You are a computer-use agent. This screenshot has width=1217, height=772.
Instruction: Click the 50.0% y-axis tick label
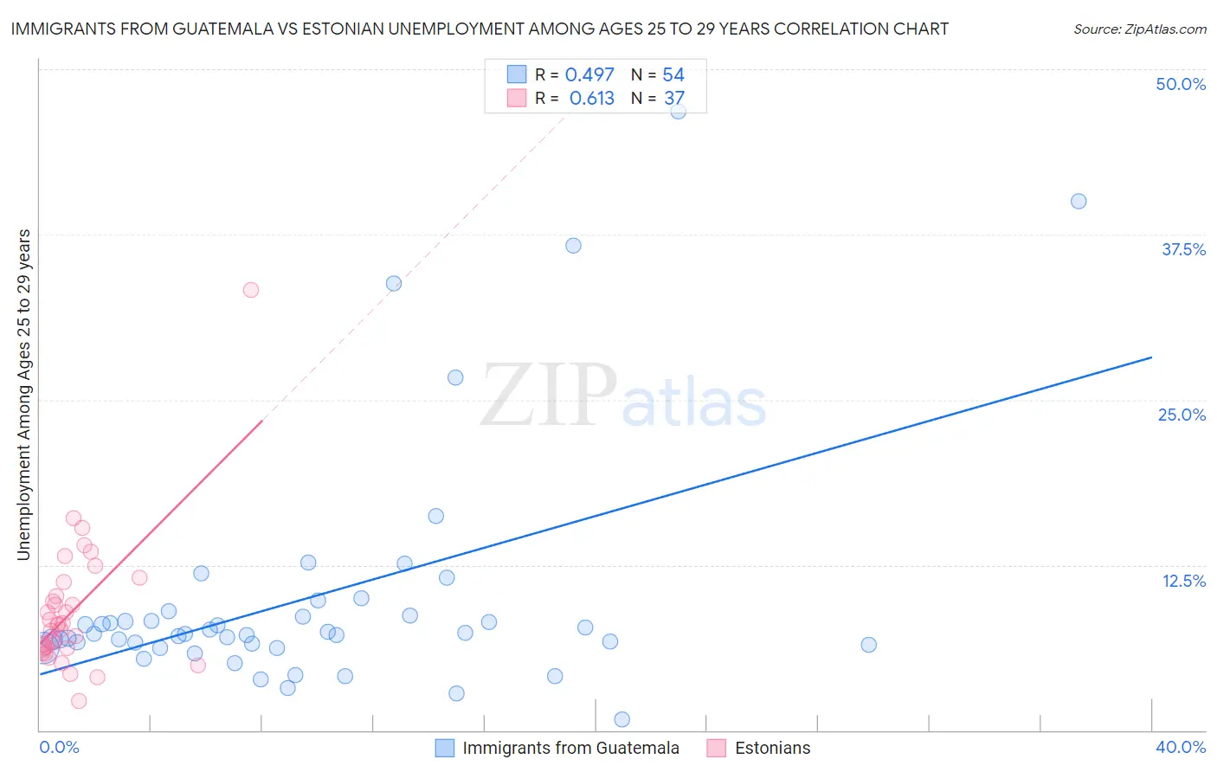[1181, 84]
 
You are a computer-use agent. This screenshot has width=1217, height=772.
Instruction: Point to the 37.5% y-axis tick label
[1183, 249]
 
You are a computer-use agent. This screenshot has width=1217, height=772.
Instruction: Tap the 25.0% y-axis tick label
[1182, 415]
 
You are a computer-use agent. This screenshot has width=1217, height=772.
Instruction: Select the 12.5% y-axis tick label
[1183, 581]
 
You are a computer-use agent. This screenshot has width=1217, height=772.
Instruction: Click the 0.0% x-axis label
[59, 747]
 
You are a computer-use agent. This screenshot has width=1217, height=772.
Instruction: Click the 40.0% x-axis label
[1181, 747]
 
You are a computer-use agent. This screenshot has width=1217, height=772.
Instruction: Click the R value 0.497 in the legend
[589, 75]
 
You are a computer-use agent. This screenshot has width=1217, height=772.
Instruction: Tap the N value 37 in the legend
[674, 99]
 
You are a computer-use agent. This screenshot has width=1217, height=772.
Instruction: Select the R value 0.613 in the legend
[592, 99]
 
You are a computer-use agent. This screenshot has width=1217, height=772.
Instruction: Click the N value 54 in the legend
[673, 75]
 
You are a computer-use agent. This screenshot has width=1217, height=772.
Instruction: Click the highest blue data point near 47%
[678, 111]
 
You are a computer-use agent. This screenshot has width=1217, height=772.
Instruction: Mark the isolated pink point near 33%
[251, 290]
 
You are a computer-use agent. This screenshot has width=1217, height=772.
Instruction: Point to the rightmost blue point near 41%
[1079, 202]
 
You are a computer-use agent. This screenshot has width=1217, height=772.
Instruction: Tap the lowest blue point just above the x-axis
[621, 719]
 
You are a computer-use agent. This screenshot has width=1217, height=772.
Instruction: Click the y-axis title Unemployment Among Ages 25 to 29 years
[24, 395]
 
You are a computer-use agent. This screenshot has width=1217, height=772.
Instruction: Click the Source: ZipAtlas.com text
[1139, 29]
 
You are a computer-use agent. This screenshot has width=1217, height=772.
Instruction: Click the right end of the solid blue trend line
[1151, 357]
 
